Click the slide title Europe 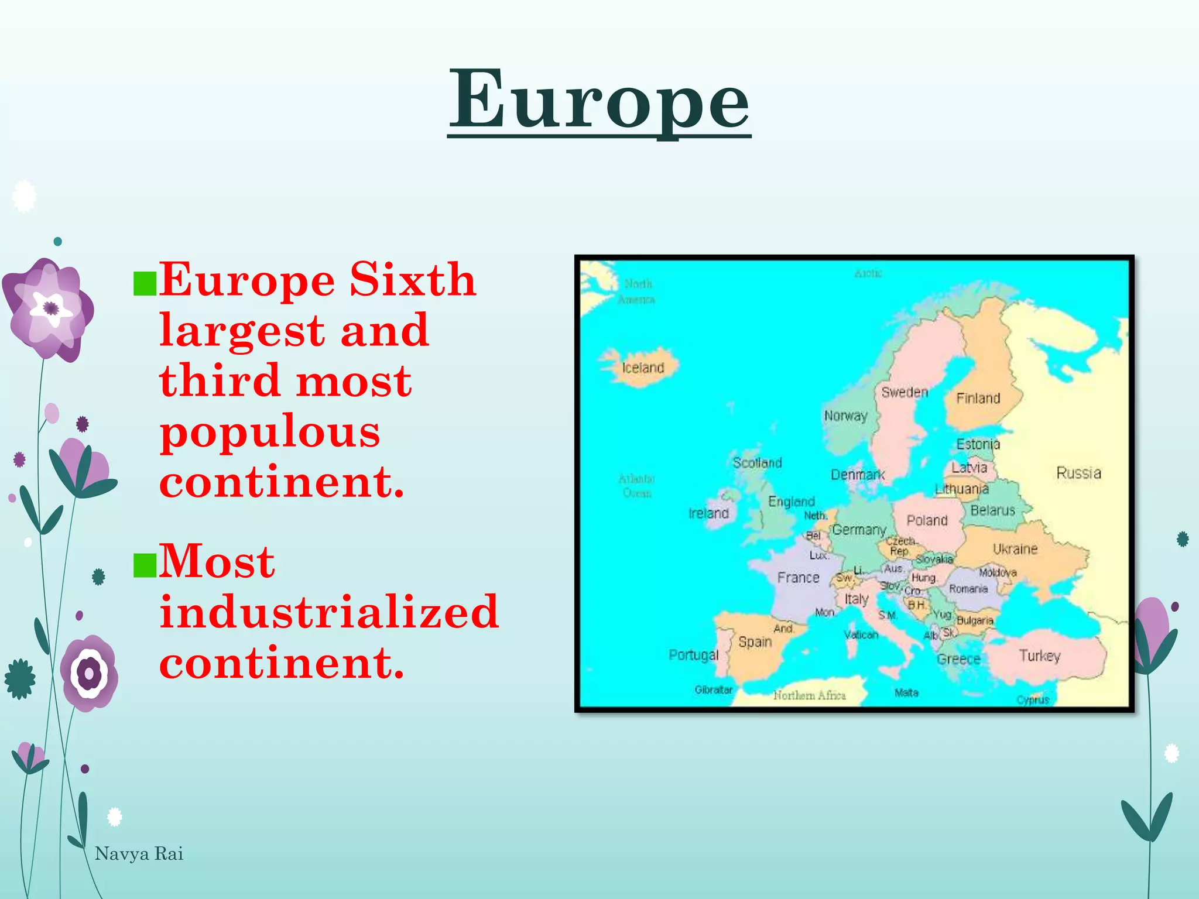click(x=599, y=101)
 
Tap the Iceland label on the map click(x=643, y=368)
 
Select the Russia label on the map click(x=1078, y=473)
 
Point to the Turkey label click(x=1039, y=656)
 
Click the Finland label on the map click(x=978, y=399)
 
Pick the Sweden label click(x=905, y=392)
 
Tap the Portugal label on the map click(x=693, y=655)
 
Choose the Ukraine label click(x=1015, y=549)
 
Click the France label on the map click(x=798, y=578)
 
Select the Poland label click(x=927, y=520)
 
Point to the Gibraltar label click(x=713, y=690)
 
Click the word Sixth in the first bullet click(x=413, y=280)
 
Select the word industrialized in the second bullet click(x=329, y=612)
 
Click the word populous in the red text click(x=270, y=432)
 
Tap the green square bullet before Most click(x=145, y=565)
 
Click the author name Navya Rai click(x=139, y=854)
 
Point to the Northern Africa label click(x=809, y=695)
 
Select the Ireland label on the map click(x=708, y=513)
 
